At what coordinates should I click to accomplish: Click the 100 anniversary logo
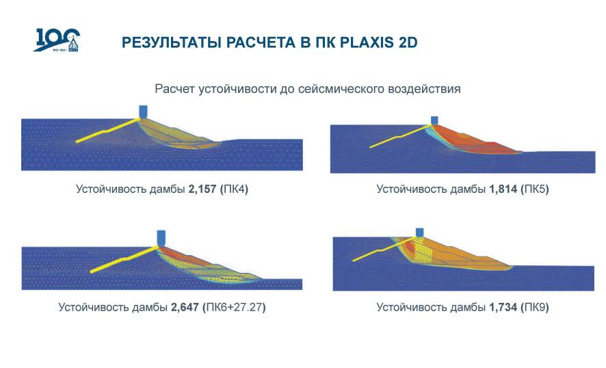point(57,40)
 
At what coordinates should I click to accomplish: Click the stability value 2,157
point(202,189)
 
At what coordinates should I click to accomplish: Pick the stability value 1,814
point(503,189)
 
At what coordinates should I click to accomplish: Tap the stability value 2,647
point(185,307)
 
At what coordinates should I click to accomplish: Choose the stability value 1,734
point(503,307)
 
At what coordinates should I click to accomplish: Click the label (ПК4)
point(234,189)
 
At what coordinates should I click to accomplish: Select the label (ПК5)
point(535,189)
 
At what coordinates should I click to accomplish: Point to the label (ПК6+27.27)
point(234,307)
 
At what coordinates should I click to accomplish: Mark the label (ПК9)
point(535,307)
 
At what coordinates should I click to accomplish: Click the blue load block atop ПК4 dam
point(144,111)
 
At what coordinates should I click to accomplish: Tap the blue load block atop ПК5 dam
point(434,120)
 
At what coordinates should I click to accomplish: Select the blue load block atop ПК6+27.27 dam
point(161,237)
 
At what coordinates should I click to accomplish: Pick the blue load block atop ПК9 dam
point(419,233)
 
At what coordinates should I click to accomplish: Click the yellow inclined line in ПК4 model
point(107,131)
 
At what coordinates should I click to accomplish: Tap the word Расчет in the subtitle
point(175,89)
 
